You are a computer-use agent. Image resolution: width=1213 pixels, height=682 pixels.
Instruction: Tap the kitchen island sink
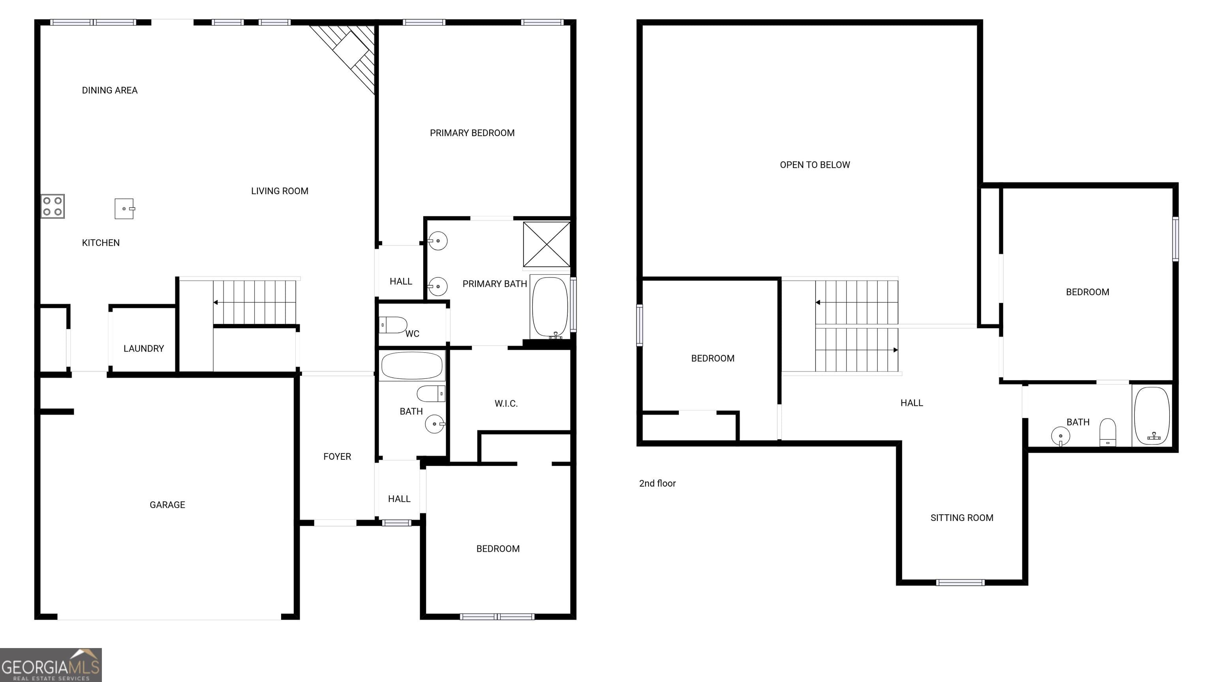(125, 208)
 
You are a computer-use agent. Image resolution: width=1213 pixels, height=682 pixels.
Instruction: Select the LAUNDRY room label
(144, 348)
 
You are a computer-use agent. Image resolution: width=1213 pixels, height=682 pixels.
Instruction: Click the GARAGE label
(167, 504)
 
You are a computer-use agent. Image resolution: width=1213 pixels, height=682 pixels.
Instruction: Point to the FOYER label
(337, 457)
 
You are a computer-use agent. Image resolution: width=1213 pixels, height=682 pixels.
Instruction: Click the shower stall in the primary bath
(546, 244)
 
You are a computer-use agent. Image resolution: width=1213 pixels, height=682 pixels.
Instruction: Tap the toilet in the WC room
(393, 325)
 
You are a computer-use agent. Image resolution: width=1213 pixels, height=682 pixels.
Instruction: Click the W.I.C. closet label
(506, 403)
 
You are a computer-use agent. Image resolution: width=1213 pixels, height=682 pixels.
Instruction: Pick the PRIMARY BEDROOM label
(472, 133)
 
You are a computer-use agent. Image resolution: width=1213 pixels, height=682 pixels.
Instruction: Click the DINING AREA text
(110, 90)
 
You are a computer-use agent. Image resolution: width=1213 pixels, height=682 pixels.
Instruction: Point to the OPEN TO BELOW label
(815, 165)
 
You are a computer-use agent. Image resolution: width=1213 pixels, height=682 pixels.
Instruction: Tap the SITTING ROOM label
(962, 518)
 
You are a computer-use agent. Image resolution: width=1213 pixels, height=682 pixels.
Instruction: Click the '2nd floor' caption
(657, 483)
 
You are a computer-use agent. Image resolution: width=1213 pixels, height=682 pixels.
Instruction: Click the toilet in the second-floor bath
(1108, 432)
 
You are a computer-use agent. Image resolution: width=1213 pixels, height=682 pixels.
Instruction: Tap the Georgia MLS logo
(51, 665)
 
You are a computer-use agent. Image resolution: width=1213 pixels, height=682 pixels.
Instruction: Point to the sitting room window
(960, 583)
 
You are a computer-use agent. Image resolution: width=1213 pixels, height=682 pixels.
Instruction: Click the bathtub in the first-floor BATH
(412, 366)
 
